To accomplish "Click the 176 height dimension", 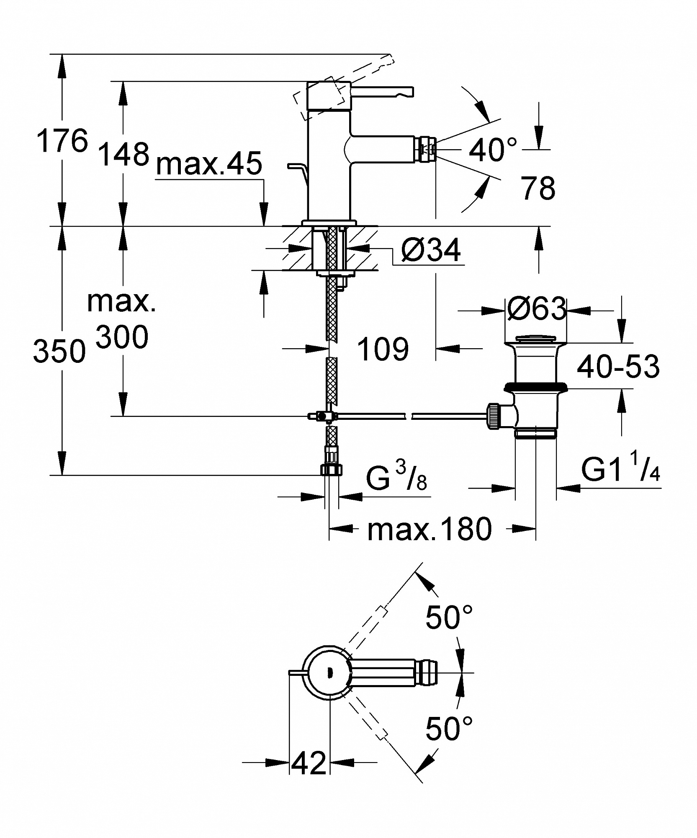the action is (x=62, y=141).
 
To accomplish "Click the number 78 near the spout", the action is (x=538, y=188).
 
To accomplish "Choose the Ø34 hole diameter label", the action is (x=431, y=250).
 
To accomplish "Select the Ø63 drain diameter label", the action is (x=537, y=309).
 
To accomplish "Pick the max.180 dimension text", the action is (x=429, y=529).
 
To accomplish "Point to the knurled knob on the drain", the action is (x=494, y=416).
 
